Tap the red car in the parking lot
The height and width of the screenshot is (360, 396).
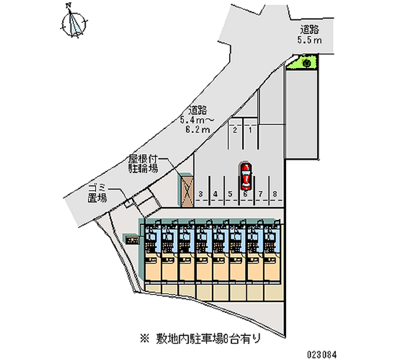coord(246,176)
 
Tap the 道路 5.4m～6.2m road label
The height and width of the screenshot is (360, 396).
coord(198,119)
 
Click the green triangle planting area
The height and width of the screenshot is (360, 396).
coord(302,63)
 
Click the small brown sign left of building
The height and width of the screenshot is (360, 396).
coord(132,240)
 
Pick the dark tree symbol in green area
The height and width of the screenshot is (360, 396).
coord(307,62)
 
